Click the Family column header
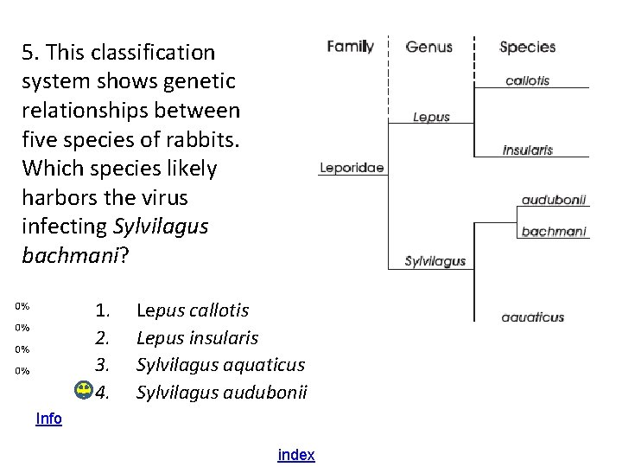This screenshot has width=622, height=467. coord(350,47)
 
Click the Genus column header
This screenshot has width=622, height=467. coord(428,47)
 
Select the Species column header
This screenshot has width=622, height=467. coord(527,47)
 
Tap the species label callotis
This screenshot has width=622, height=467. coord(527,80)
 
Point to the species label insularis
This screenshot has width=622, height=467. coord(527,150)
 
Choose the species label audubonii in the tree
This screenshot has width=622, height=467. coord(554,199)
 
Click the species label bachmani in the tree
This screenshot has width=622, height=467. coord(554,231)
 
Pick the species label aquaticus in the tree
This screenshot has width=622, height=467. coord(533,317)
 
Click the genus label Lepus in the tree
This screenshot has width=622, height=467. coord(431,117)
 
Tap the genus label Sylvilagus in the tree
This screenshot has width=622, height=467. coord(435,261)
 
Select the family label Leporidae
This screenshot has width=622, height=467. coord(352,168)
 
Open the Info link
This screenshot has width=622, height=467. coord(48,419)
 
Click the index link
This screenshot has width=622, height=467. coord(296,455)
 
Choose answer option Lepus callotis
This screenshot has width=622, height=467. coord(193,310)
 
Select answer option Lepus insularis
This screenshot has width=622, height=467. coord(197,338)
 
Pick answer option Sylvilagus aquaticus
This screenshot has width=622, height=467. coord(220,366)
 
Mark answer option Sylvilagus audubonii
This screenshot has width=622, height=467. coord(221,393)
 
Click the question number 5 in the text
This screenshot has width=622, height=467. coord(29,53)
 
